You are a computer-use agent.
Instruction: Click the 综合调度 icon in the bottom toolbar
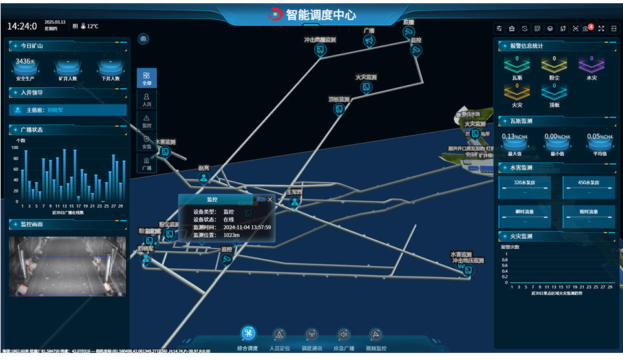pyautogui.click(x=249, y=334)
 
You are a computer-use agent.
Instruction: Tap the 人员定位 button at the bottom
pyautogui.click(x=279, y=335)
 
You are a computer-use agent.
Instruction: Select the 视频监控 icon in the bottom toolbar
pyautogui.click(x=377, y=335)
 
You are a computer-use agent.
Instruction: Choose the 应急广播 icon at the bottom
pyautogui.click(x=344, y=335)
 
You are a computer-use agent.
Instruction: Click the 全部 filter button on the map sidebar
pyautogui.click(x=147, y=78)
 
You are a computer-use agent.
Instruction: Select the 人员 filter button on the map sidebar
pyautogui.click(x=147, y=100)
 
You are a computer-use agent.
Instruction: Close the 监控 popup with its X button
pyautogui.click(x=270, y=200)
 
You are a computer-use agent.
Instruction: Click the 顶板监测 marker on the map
pyautogui.click(x=339, y=109)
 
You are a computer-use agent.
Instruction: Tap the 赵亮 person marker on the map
pyautogui.click(x=204, y=178)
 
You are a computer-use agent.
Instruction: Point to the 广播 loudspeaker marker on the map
pyautogui.click(x=369, y=41)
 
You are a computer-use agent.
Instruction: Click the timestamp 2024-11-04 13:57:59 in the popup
pyautogui.click(x=247, y=228)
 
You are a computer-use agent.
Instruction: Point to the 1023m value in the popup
pyautogui.click(x=231, y=235)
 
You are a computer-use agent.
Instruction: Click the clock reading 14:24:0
pyautogui.click(x=22, y=26)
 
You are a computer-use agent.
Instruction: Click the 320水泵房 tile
pyautogui.click(x=524, y=182)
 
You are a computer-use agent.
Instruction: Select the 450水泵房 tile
pyautogui.click(x=588, y=182)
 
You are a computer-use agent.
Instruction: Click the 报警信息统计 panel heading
pyautogui.click(x=526, y=46)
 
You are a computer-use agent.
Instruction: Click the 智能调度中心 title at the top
pyautogui.click(x=321, y=14)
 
